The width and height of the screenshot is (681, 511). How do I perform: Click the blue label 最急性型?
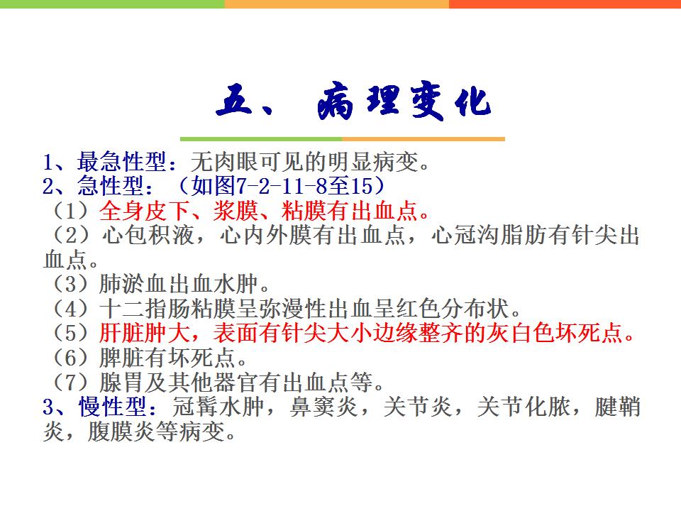coord(121,162)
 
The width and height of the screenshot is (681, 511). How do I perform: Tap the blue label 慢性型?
coord(113,407)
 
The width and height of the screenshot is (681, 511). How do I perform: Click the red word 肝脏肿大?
coord(145,334)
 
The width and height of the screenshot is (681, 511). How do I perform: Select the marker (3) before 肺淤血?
coord(71,284)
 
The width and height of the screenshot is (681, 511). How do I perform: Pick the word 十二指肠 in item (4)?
coord(145,309)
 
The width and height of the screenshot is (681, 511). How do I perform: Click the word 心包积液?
coord(148,236)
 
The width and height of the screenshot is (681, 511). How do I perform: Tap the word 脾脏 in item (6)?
coord(122,358)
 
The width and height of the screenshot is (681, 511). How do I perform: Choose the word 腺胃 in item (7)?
coord(122,383)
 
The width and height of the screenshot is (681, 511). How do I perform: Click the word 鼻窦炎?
coord(323,407)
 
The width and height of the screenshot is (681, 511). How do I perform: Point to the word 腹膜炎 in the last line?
coord(121,432)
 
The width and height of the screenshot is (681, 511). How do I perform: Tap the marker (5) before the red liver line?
coord(71,334)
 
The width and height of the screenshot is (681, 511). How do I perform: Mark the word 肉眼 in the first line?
coord(236,162)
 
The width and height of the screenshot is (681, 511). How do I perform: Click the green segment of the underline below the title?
coord(261,139)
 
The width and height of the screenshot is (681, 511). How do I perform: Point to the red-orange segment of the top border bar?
coord(565,4)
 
